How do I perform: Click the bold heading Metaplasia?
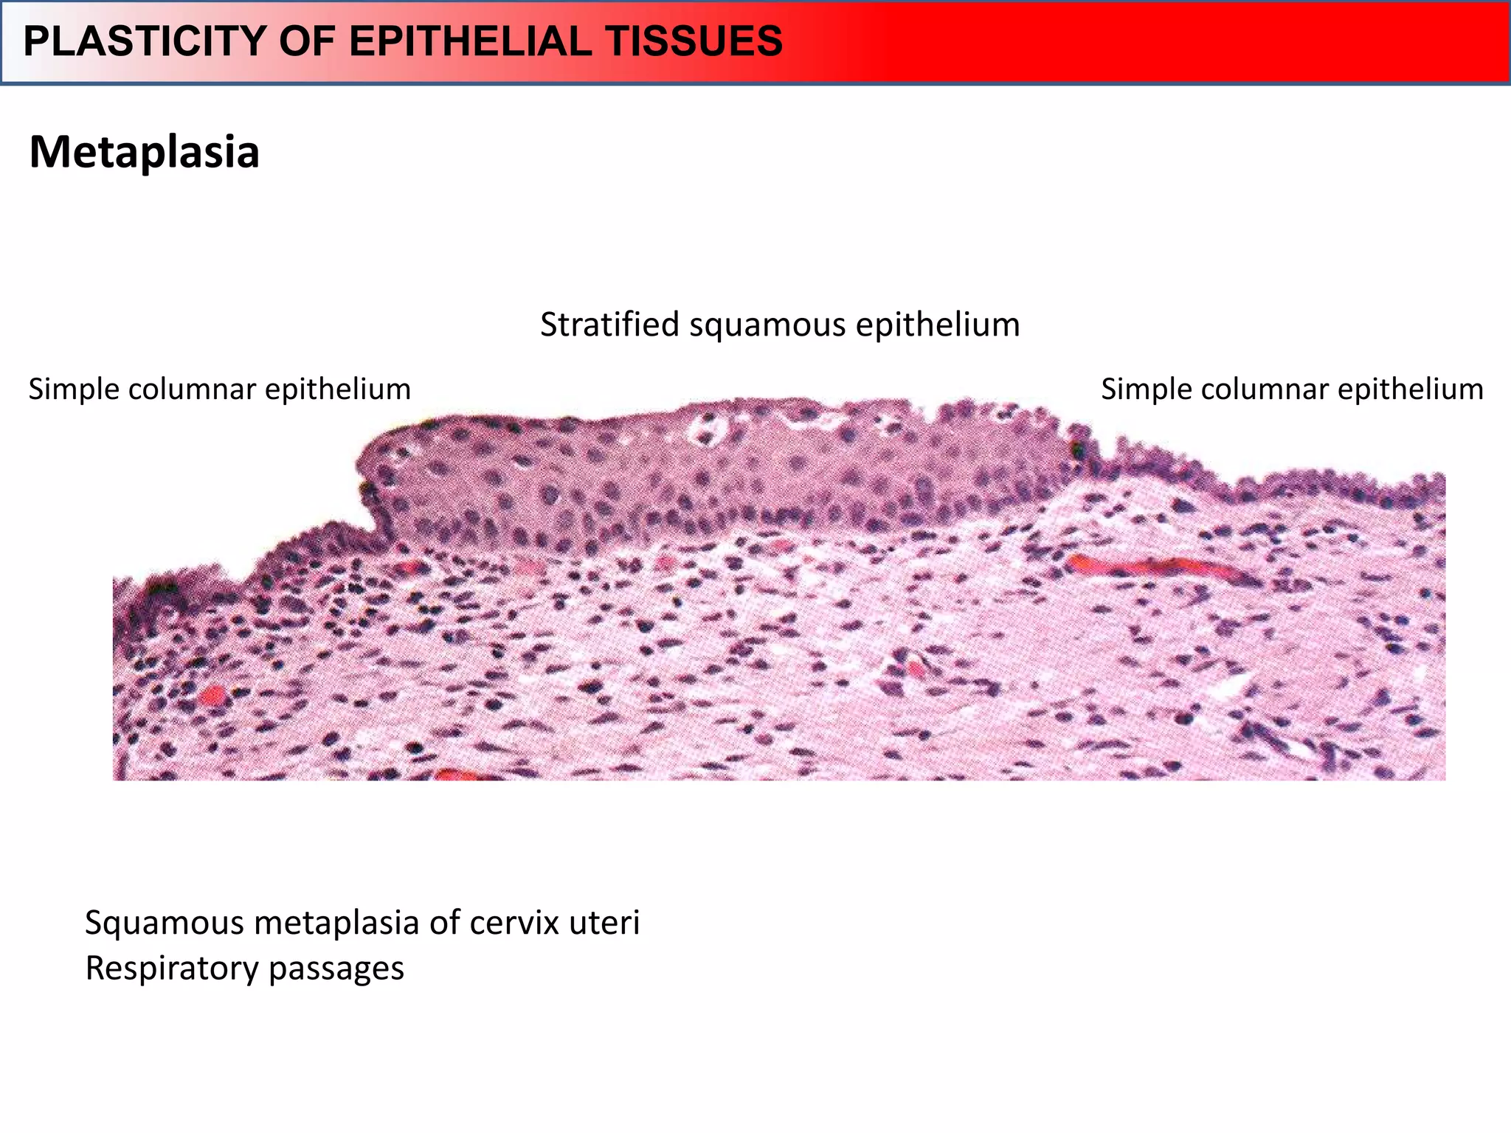click(x=144, y=152)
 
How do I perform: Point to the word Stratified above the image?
click(x=609, y=325)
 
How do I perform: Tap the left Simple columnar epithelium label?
click(x=219, y=389)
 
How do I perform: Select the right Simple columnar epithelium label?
click(x=1292, y=389)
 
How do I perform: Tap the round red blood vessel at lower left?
click(x=212, y=695)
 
